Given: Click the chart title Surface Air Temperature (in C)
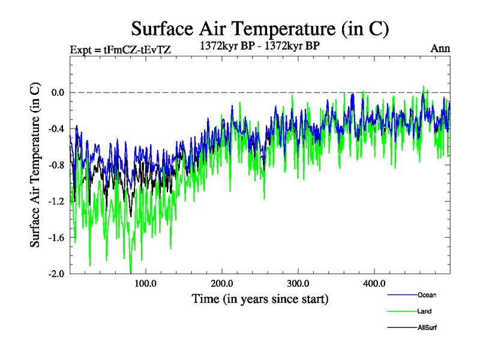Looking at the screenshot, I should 260,29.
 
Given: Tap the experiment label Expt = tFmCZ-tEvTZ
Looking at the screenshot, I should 121,50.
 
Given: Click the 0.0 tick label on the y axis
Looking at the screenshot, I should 58,92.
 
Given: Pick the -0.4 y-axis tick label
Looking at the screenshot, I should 56,128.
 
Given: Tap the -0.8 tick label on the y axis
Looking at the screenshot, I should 56,165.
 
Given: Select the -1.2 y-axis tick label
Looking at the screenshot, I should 56,201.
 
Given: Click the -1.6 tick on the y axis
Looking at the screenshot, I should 56,238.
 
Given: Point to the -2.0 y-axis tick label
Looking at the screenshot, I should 56,274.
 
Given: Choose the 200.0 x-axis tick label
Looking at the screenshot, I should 222,283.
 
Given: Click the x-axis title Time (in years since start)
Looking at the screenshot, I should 260,298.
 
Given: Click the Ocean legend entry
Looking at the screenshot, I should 427,295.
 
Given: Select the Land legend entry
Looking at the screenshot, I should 424,311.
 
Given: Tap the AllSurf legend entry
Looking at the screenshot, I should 427,328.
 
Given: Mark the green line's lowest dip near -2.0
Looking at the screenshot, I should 130,272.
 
